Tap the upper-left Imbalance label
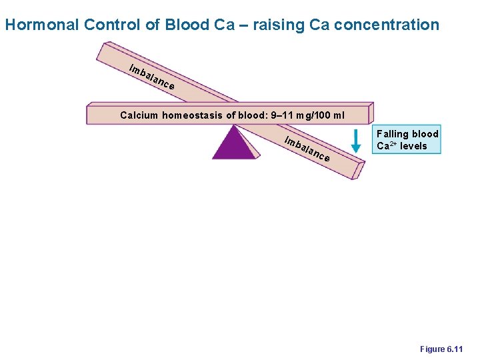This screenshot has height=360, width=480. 152,77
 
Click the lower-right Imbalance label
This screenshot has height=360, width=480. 306,149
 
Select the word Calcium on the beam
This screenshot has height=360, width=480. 139,115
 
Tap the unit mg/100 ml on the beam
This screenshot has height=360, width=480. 322,115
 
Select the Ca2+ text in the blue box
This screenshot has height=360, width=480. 387,146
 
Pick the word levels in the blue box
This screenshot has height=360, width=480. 415,146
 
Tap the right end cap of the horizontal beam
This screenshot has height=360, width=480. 371,113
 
